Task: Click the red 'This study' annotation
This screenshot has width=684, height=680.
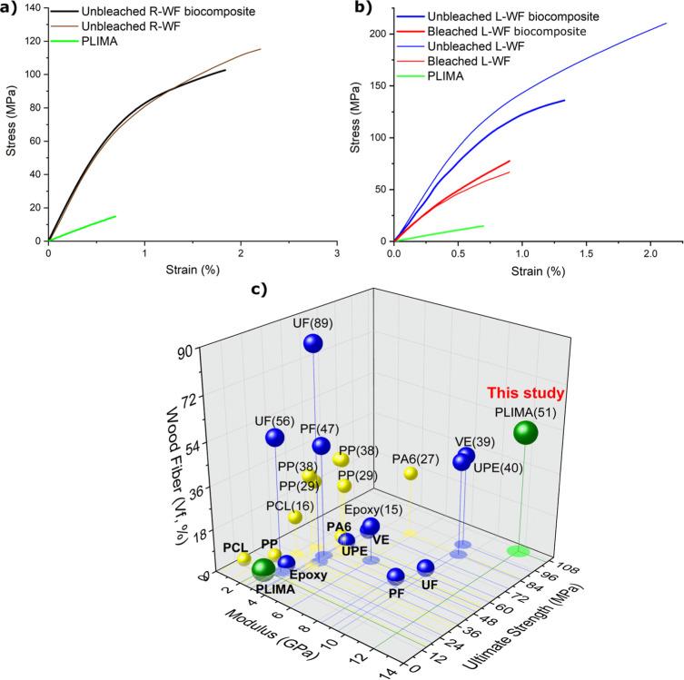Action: pos(527,393)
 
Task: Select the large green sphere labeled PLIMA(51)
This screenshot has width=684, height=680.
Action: pos(525,432)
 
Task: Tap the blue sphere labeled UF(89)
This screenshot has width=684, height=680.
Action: pos(313,342)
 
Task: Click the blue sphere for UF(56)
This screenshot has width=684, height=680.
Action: pos(274,437)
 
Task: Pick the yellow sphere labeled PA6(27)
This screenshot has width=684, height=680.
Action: pos(411,473)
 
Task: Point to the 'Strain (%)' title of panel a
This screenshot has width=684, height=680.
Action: pos(193,268)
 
